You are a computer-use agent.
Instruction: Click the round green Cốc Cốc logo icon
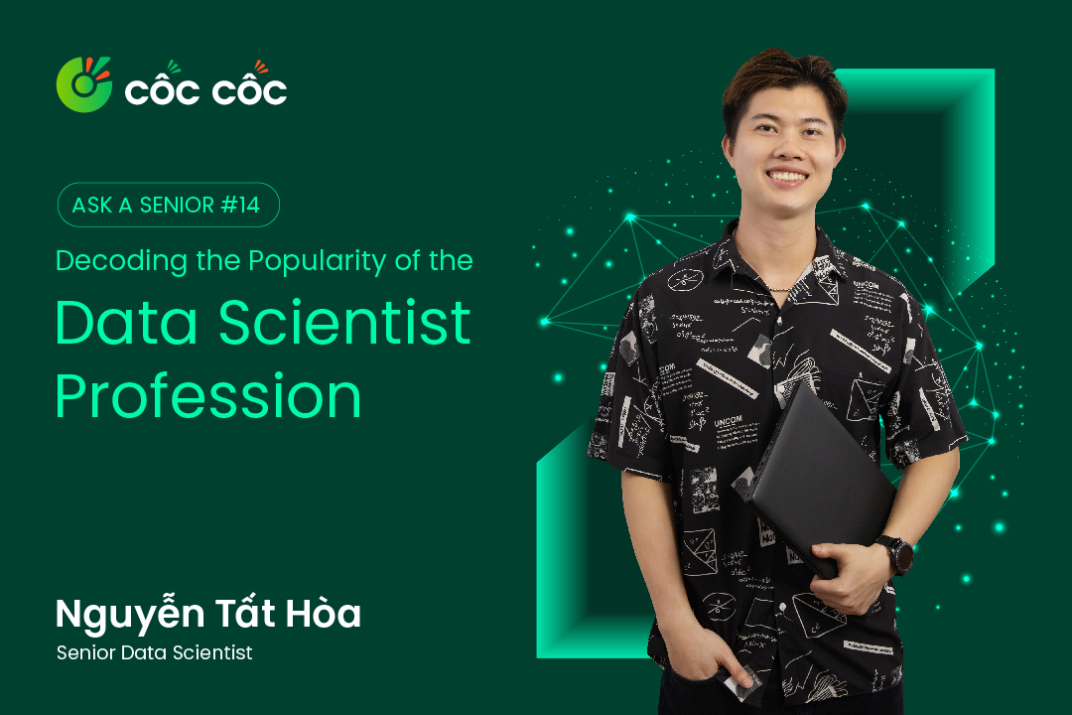83,84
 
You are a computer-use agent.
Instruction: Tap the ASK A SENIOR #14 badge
168,205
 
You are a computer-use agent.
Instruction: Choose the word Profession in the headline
208,397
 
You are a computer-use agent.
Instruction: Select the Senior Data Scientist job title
155,652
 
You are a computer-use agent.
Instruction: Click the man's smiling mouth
787,178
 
